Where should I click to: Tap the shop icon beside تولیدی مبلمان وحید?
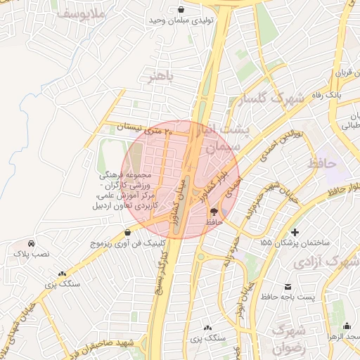[x=181, y=9]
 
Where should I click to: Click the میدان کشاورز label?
[x=171, y=196]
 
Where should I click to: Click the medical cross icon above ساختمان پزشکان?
[x=294, y=232]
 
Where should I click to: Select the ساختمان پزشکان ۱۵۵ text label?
[x=295, y=243]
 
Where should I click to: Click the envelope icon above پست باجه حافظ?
[x=289, y=286]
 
